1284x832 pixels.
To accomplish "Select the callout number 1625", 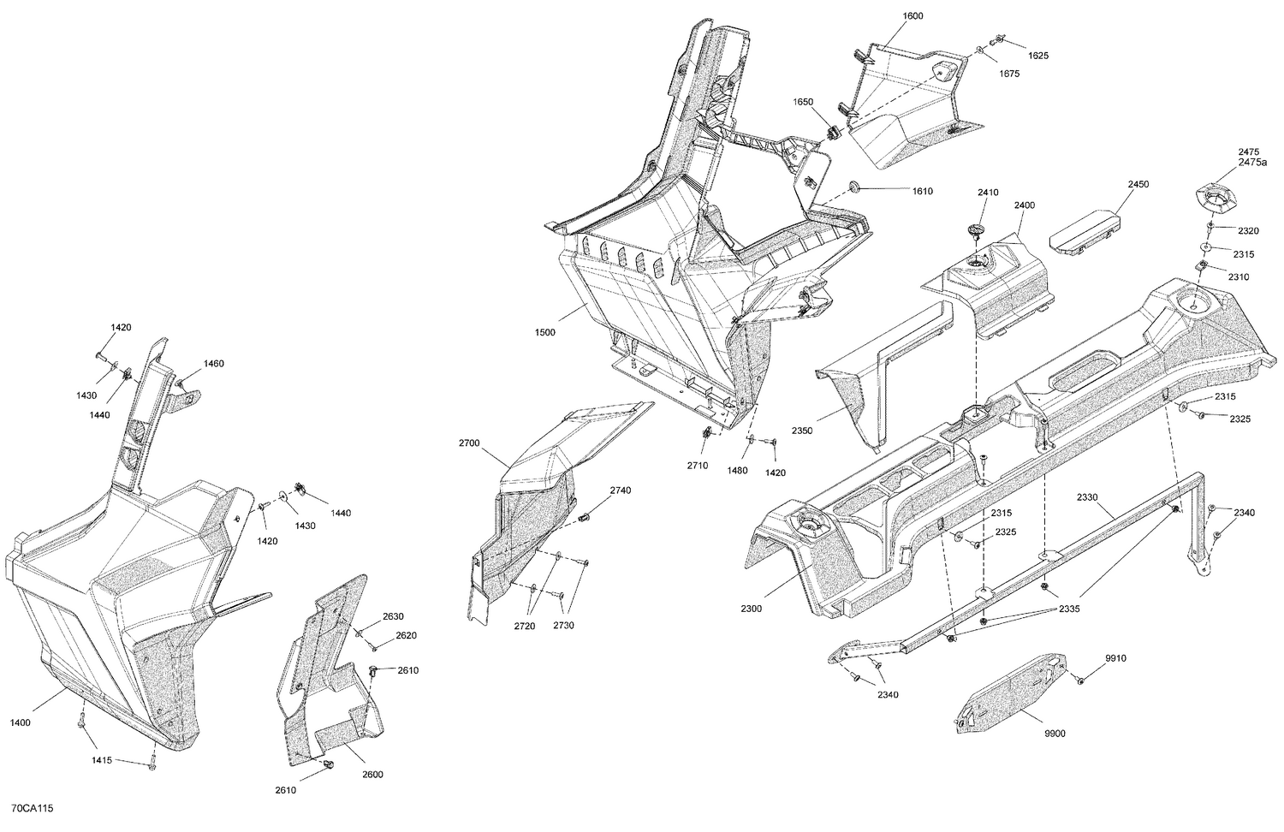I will coord(1014,56).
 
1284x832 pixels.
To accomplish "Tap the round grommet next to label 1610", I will coord(853,187).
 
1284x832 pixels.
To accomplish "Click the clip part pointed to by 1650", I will coord(832,134).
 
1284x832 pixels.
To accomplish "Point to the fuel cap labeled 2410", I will coord(975,229).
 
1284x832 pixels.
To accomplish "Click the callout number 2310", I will coord(1239,276).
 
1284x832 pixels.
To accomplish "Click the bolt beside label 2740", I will coord(586,516).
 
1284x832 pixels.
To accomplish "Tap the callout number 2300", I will coord(752,609).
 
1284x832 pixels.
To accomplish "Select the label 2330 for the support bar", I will coord(1088,496).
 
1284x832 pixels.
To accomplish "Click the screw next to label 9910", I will coord(1080,680).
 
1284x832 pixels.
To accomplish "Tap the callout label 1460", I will coord(213,364).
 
